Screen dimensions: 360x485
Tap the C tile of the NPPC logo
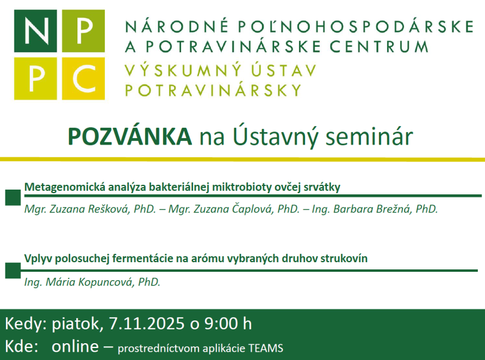(83, 77)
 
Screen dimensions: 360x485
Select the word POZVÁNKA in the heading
(129, 136)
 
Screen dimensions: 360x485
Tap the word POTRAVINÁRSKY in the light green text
(213, 91)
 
